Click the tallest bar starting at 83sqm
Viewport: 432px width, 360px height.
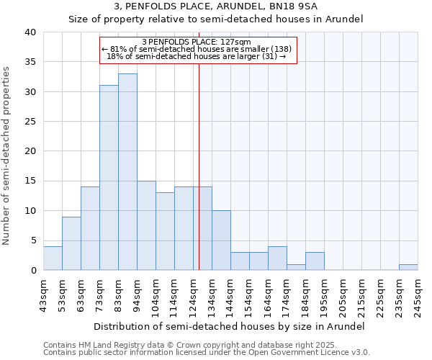[x=127, y=172]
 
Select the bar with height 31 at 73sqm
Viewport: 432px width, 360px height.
[x=109, y=178]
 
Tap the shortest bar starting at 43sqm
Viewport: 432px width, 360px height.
[x=53, y=258]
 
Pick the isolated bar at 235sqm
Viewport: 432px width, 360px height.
[x=408, y=267]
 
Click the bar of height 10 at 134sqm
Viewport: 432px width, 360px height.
[x=221, y=240]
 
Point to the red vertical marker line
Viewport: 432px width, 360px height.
[x=199, y=166]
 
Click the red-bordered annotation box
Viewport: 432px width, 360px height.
[x=198, y=50]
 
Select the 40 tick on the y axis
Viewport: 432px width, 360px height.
[x=30, y=32]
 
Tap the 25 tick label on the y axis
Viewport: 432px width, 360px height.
[x=30, y=122]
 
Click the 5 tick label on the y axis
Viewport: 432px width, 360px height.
[x=32, y=240]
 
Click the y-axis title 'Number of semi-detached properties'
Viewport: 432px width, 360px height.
[x=6, y=155]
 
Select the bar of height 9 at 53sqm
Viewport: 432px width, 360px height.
[x=71, y=243]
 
